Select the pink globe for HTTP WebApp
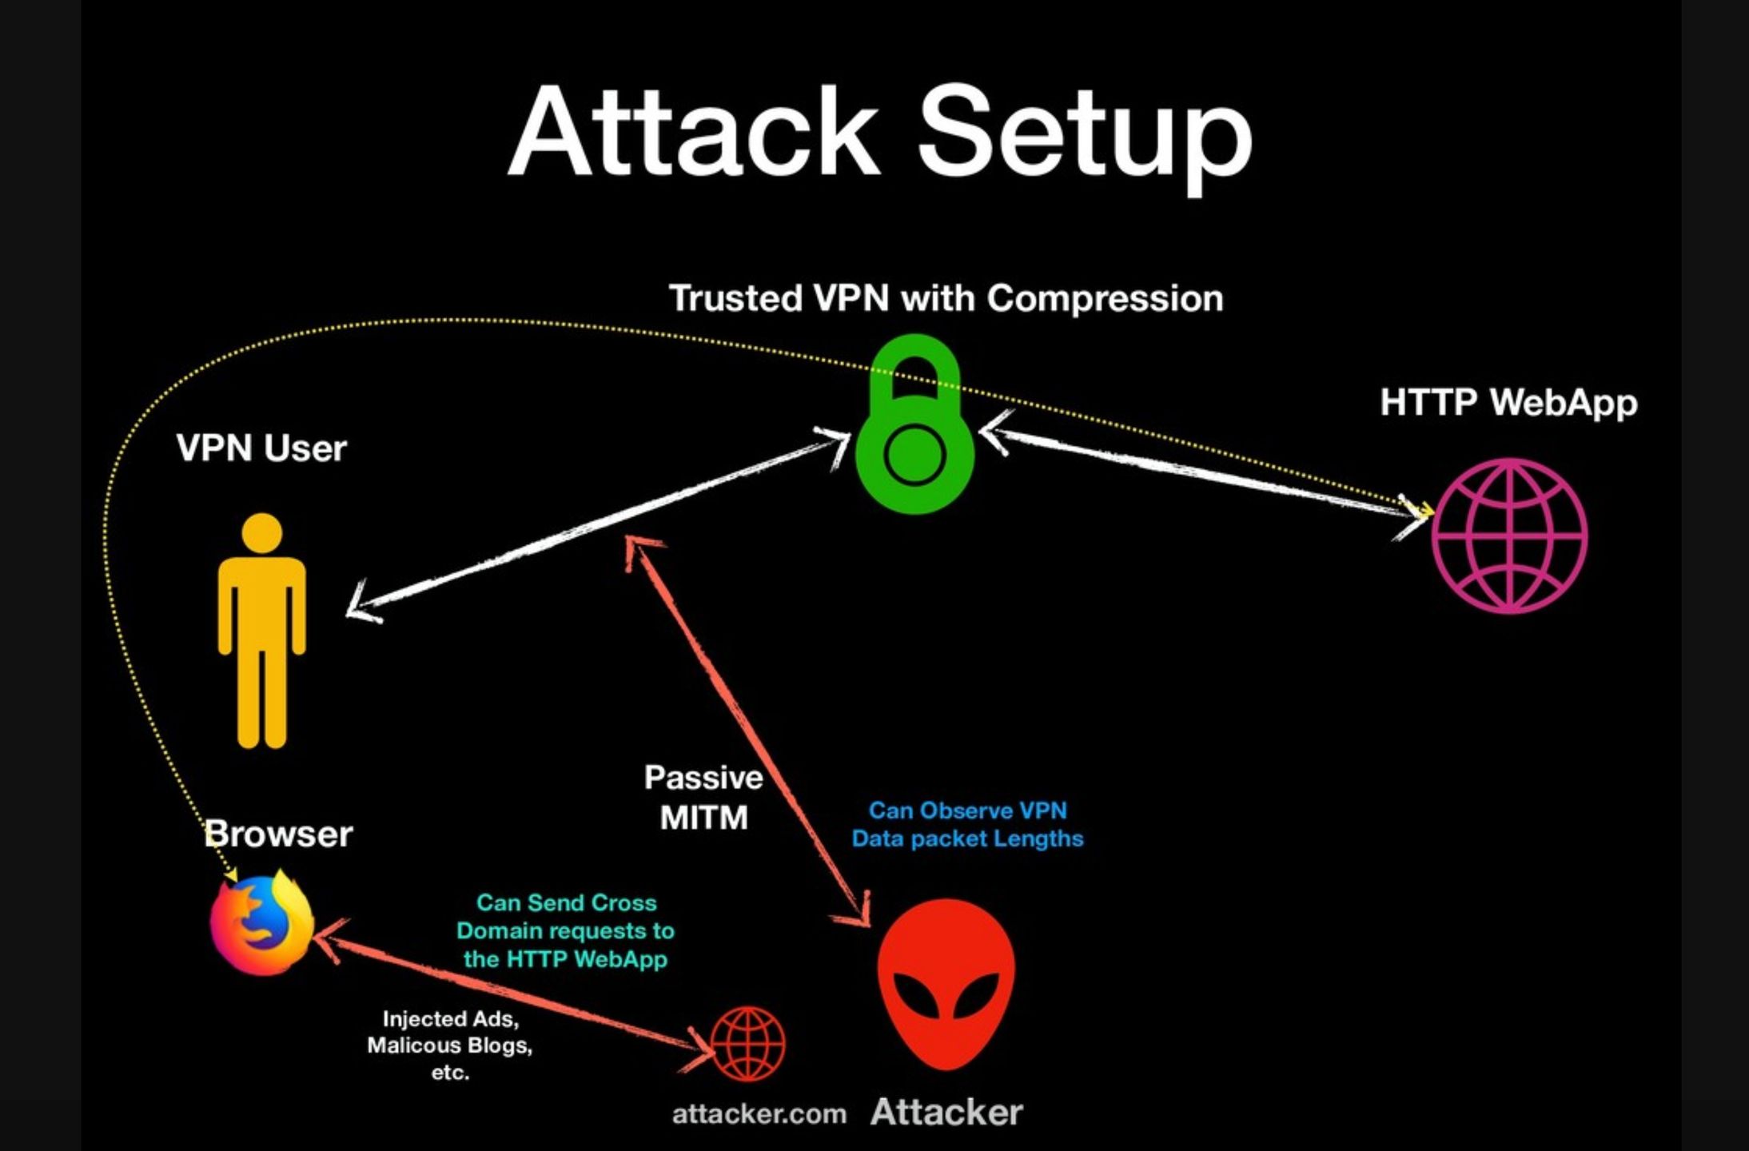[1508, 536]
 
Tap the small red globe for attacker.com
[747, 1043]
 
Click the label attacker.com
[759, 1114]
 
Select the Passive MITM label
[703, 798]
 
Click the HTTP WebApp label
[1508, 402]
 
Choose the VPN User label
[261, 448]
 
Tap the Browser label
[278, 834]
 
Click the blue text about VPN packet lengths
[967, 825]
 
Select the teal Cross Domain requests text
[566, 931]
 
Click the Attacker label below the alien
[946, 1113]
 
